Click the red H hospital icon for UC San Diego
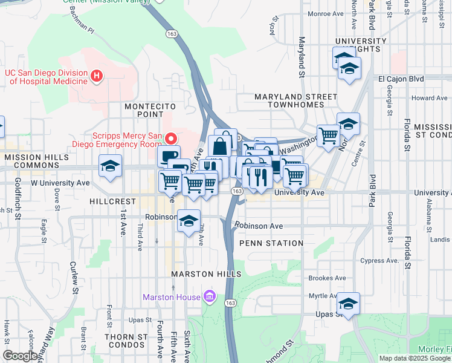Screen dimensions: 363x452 [x=97, y=76]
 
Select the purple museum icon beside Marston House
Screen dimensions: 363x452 [x=209, y=296]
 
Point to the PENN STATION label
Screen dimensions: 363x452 [x=271, y=243]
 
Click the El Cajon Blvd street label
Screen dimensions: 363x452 [x=401, y=79]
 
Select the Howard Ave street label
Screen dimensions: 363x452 [x=429, y=98]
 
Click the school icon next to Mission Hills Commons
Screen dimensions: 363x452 [x=111, y=167]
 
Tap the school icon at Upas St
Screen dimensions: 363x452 [x=348, y=303]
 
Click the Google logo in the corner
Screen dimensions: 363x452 [x=21, y=356]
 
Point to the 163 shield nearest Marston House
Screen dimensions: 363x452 [x=230, y=301]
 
